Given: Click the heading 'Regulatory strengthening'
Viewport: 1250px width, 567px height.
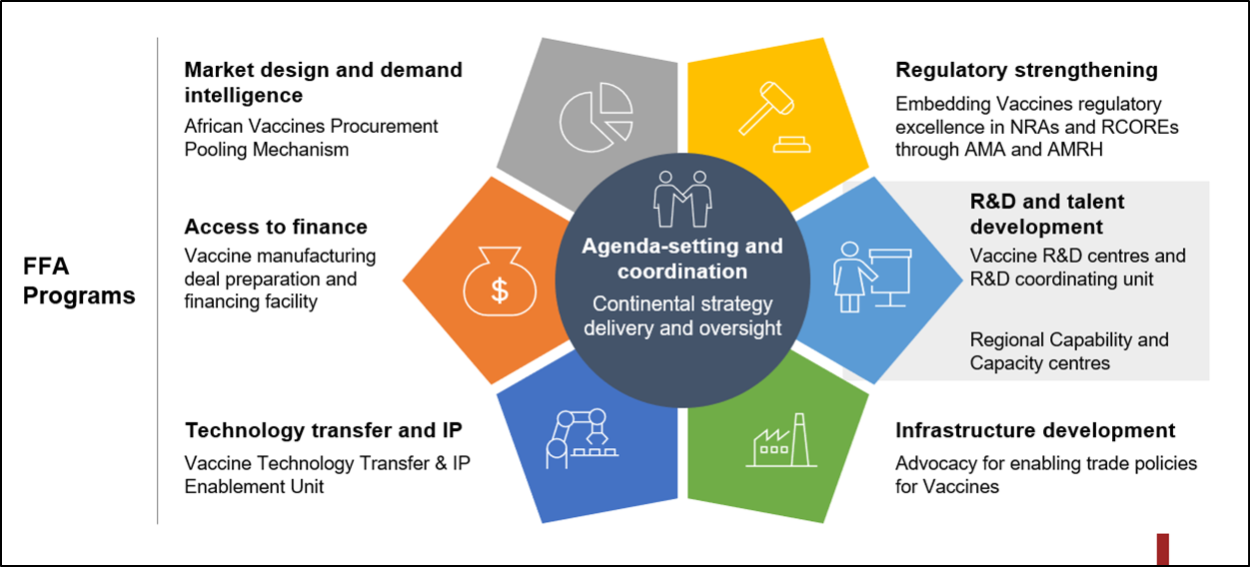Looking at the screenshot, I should pyautogui.click(x=1026, y=70).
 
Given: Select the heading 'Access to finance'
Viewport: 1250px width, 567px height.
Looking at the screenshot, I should pyautogui.click(x=276, y=227).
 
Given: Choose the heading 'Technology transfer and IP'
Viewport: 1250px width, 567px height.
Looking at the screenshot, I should pyautogui.click(x=323, y=430).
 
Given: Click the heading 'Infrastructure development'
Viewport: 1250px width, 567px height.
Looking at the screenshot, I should pyautogui.click(x=1035, y=430).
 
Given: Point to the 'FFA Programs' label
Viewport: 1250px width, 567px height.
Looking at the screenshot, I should pyautogui.click(x=79, y=282).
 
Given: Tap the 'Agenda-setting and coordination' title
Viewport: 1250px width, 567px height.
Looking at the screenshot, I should pyautogui.click(x=682, y=259).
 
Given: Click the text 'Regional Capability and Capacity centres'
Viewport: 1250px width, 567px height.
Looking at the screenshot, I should pyautogui.click(x=1068, y=351).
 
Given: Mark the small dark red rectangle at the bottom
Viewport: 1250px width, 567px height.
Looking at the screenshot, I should pyautogui.click(x=1163, y=548).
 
